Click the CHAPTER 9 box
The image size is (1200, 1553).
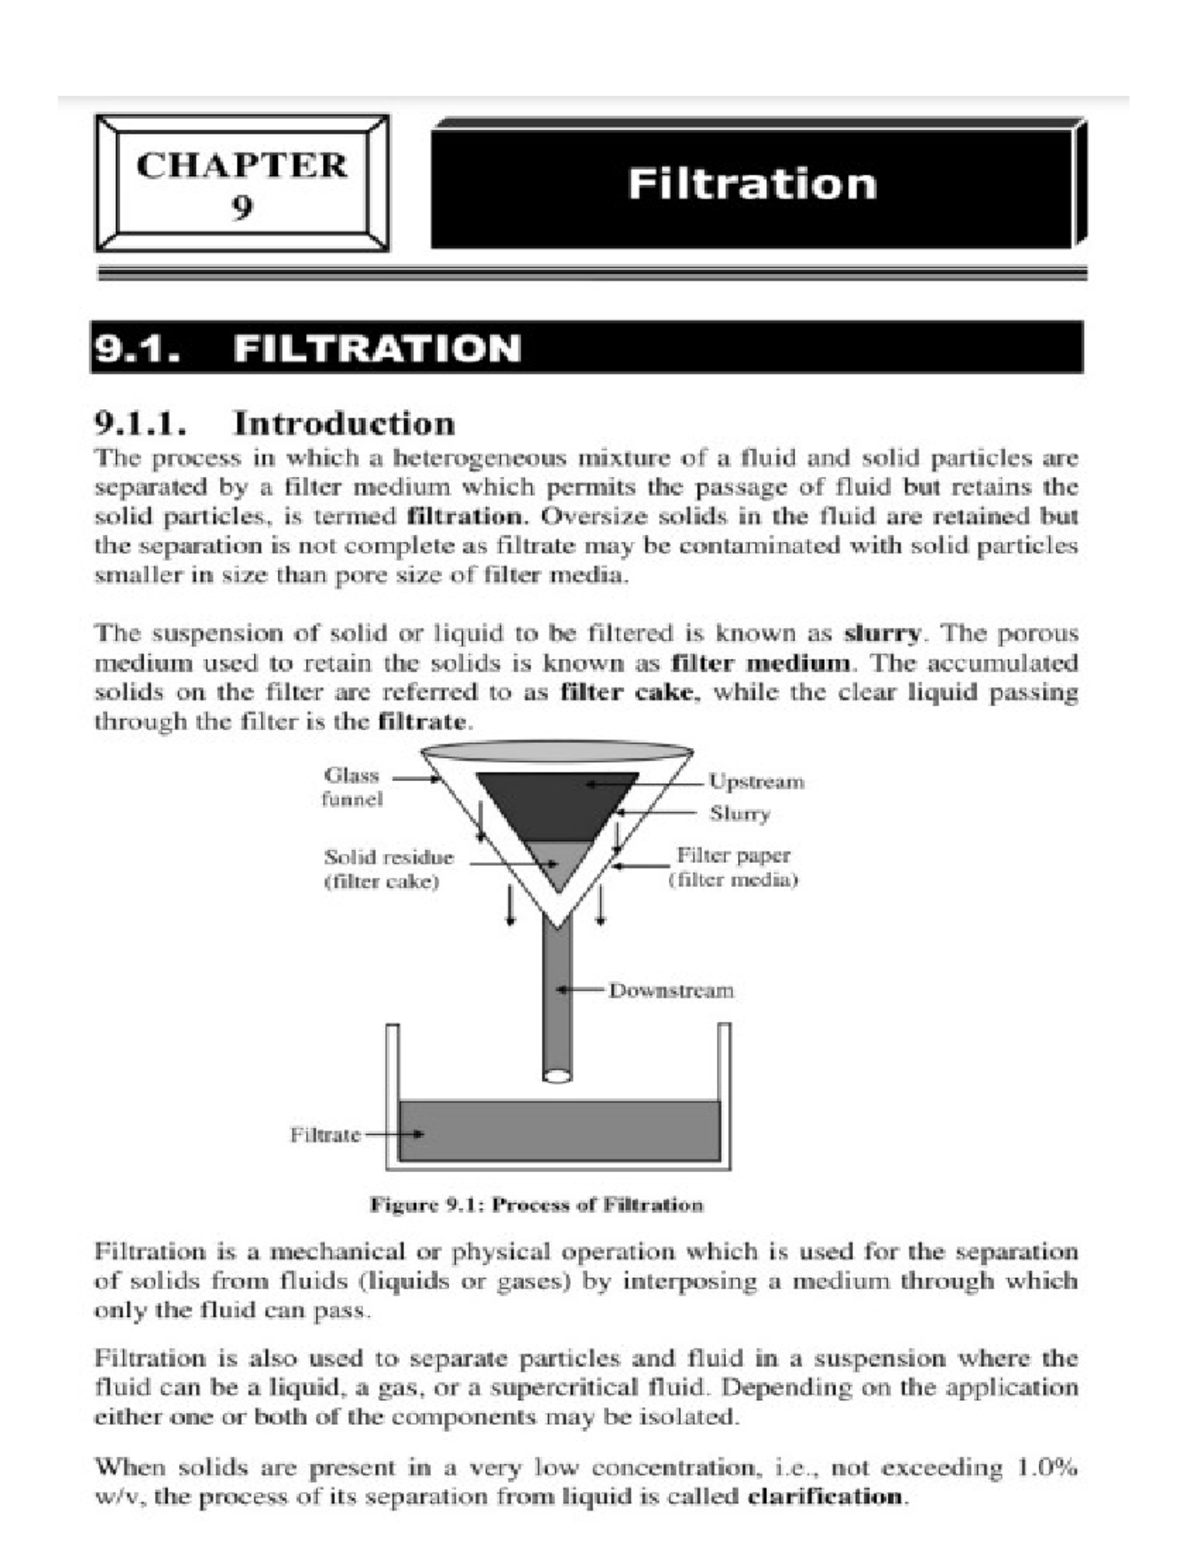[242, 184]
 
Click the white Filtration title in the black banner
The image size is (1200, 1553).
[752, 184]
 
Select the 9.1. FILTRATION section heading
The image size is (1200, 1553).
[307, 348]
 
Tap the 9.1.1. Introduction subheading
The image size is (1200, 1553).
[275, 423]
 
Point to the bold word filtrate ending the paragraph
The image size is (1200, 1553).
[422, 722]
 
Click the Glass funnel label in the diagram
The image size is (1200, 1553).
[352, 787]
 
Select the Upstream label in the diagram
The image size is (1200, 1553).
[756, 781]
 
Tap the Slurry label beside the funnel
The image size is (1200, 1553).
[740, 813]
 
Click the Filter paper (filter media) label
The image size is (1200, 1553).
[733, 868]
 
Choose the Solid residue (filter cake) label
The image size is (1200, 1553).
[388, 869]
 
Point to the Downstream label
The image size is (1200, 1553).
[671, 990]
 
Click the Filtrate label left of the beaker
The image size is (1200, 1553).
[325, 1135]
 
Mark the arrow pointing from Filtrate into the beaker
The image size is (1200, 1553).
[395, 1135]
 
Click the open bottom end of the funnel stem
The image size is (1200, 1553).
[557, 1076]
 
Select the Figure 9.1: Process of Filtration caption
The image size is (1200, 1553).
[537, 1205]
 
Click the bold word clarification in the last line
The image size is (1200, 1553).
[826, 1497]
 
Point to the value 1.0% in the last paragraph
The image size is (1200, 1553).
[1047, 1468]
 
